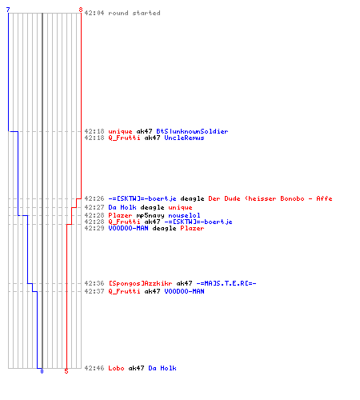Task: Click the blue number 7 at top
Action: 8,10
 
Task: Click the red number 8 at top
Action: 81,10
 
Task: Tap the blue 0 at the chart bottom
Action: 42,371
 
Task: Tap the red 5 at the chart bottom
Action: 66,371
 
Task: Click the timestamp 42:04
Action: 94,13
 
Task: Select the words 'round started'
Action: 134,13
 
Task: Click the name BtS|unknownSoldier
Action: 192,131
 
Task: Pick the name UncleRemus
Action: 184,138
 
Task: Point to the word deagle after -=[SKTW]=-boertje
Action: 192,198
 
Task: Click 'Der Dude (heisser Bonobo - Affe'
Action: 270,198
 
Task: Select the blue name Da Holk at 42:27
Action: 122,207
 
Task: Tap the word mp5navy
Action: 150,215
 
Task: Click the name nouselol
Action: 184,215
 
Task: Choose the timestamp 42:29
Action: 94,228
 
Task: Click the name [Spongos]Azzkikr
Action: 140,283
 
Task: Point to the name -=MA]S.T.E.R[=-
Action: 226,283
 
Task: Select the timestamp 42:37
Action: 94,291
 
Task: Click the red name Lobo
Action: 116,368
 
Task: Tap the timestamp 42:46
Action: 94,368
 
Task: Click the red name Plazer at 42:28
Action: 120,215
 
